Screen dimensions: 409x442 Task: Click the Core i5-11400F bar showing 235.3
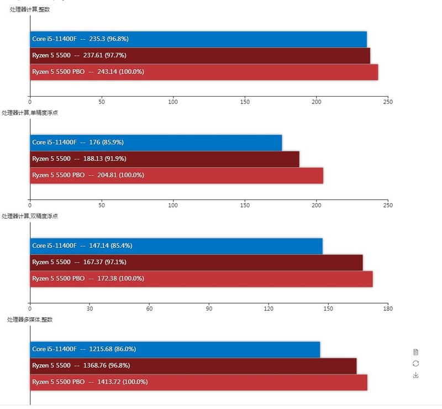(x=198, y=40)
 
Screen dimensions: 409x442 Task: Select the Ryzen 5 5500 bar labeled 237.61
(x=200, y=56)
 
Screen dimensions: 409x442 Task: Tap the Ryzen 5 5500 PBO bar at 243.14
(x=204, y=72)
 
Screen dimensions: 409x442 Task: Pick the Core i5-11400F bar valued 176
(x=156, y=142)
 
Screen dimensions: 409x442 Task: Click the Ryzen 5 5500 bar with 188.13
(x=165, y=159)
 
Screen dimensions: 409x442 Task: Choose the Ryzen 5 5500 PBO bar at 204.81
(x=176, y=175)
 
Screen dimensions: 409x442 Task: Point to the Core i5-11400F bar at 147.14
(x=176, y=246)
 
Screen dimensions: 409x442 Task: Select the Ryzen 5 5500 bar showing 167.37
(x=196, y=262)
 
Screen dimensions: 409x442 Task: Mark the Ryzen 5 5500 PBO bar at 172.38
(x=201, y=279)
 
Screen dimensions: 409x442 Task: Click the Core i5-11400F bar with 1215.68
(x=175, y=349)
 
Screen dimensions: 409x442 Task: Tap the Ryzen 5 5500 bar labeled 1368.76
(x=193, y=365)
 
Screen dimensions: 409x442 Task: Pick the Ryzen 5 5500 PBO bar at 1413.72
(x=198, y=382)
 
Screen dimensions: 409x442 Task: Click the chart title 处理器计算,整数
(x=30, y=9)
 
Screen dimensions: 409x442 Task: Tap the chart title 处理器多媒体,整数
(x=30, y=320)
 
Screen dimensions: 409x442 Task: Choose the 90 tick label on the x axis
(x=209, y=309)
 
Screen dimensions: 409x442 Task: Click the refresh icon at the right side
(x=415, y=363)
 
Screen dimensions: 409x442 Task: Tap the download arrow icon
(x=415, y=375)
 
